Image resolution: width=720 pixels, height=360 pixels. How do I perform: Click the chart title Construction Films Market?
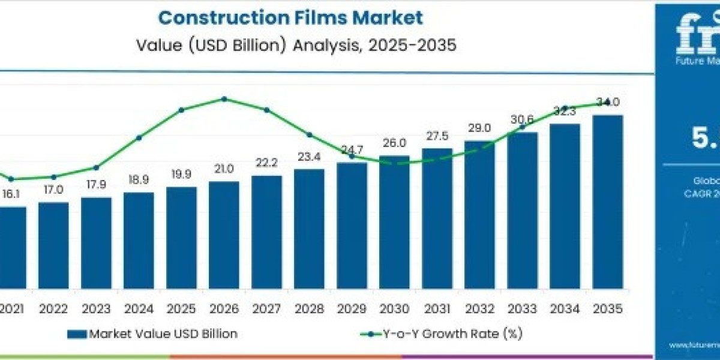pos(290,17)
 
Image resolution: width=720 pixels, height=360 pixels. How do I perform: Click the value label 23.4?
pos(309,158)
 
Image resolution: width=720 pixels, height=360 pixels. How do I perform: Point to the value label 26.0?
pos(394,143)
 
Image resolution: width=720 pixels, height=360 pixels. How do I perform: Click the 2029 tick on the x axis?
pos(352,308)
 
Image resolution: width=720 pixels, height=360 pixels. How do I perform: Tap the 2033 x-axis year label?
pos(522,308)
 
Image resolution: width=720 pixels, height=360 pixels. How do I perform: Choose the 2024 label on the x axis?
pos(139,308)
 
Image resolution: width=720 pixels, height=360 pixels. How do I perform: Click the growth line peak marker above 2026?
pos(224,99)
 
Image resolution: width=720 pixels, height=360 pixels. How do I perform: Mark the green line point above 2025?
pos(181,110)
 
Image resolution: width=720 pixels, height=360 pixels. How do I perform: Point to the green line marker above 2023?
pos(96,167)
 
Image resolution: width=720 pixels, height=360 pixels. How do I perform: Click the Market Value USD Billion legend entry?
pos(152,334)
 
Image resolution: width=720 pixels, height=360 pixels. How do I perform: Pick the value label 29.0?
pos(479,128)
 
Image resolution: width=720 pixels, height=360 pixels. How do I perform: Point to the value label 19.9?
pos(181,175)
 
